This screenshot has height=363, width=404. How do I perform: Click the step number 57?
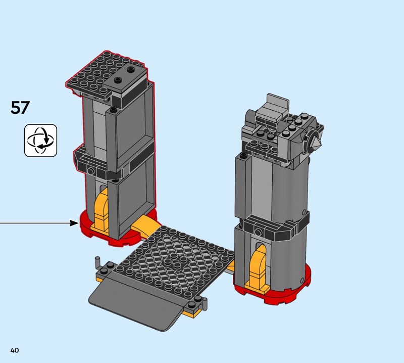pyautogui.click(x=20, y=108)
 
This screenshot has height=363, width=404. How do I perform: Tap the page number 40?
pyautogui.click(x=15, y=350)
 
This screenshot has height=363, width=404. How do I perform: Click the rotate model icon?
pyautogui.click(x=41, y=141)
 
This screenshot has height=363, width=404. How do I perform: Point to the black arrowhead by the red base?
pyautogui.click(x=74, y=223)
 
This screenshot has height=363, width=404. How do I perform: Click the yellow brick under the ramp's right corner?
pyautogui.click(x=191, y=313)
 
